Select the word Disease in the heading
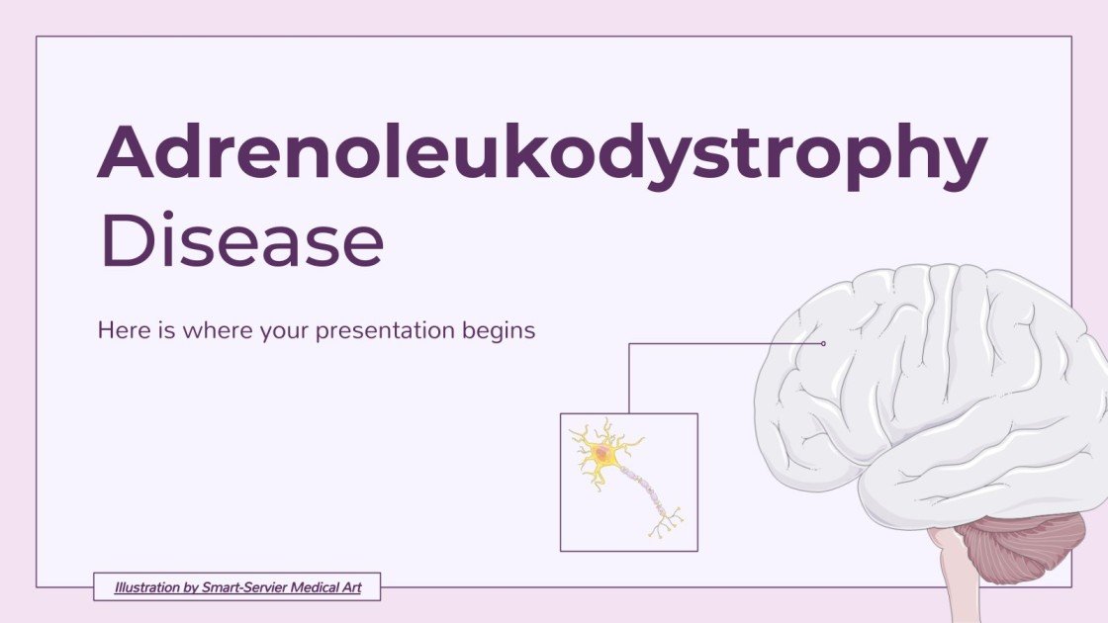tap(241, 242)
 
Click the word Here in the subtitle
tap(119, 330)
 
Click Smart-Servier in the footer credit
tap(243, 587)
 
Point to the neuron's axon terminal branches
tap(666, 519)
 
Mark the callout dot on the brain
tap(823, 344)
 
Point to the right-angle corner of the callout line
tap(629, 344)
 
